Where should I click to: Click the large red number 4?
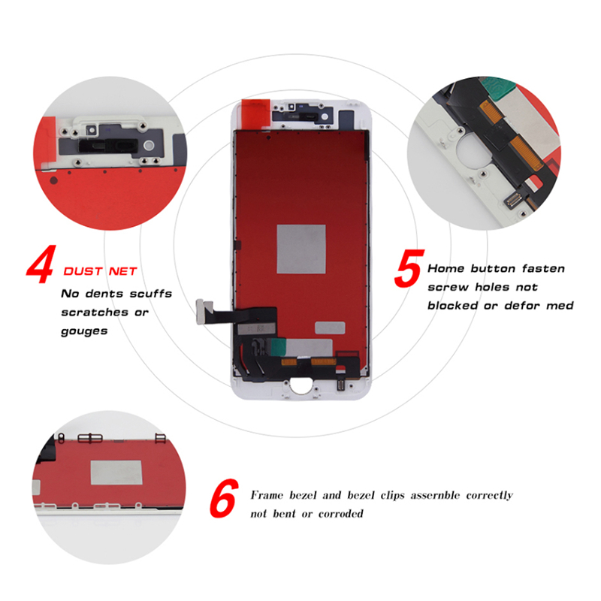click(41, 264)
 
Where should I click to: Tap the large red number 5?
click(409, 268)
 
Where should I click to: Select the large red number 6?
click(224, 498)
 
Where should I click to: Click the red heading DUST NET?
click(100, 271)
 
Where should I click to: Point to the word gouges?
click(84, 331)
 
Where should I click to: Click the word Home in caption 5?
click(445, 268)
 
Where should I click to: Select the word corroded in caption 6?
click(341, 514)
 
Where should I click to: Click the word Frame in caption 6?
click(267, 495)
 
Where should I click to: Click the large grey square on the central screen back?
click(301, 249)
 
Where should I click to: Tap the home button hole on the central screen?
click(300, 385)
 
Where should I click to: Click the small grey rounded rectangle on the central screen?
click(330, 328)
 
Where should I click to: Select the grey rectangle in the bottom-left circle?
click(116, 473)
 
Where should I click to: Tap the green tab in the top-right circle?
click(499, 89)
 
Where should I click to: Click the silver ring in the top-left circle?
click(149, 146)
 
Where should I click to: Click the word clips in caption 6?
click(392, 495)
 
